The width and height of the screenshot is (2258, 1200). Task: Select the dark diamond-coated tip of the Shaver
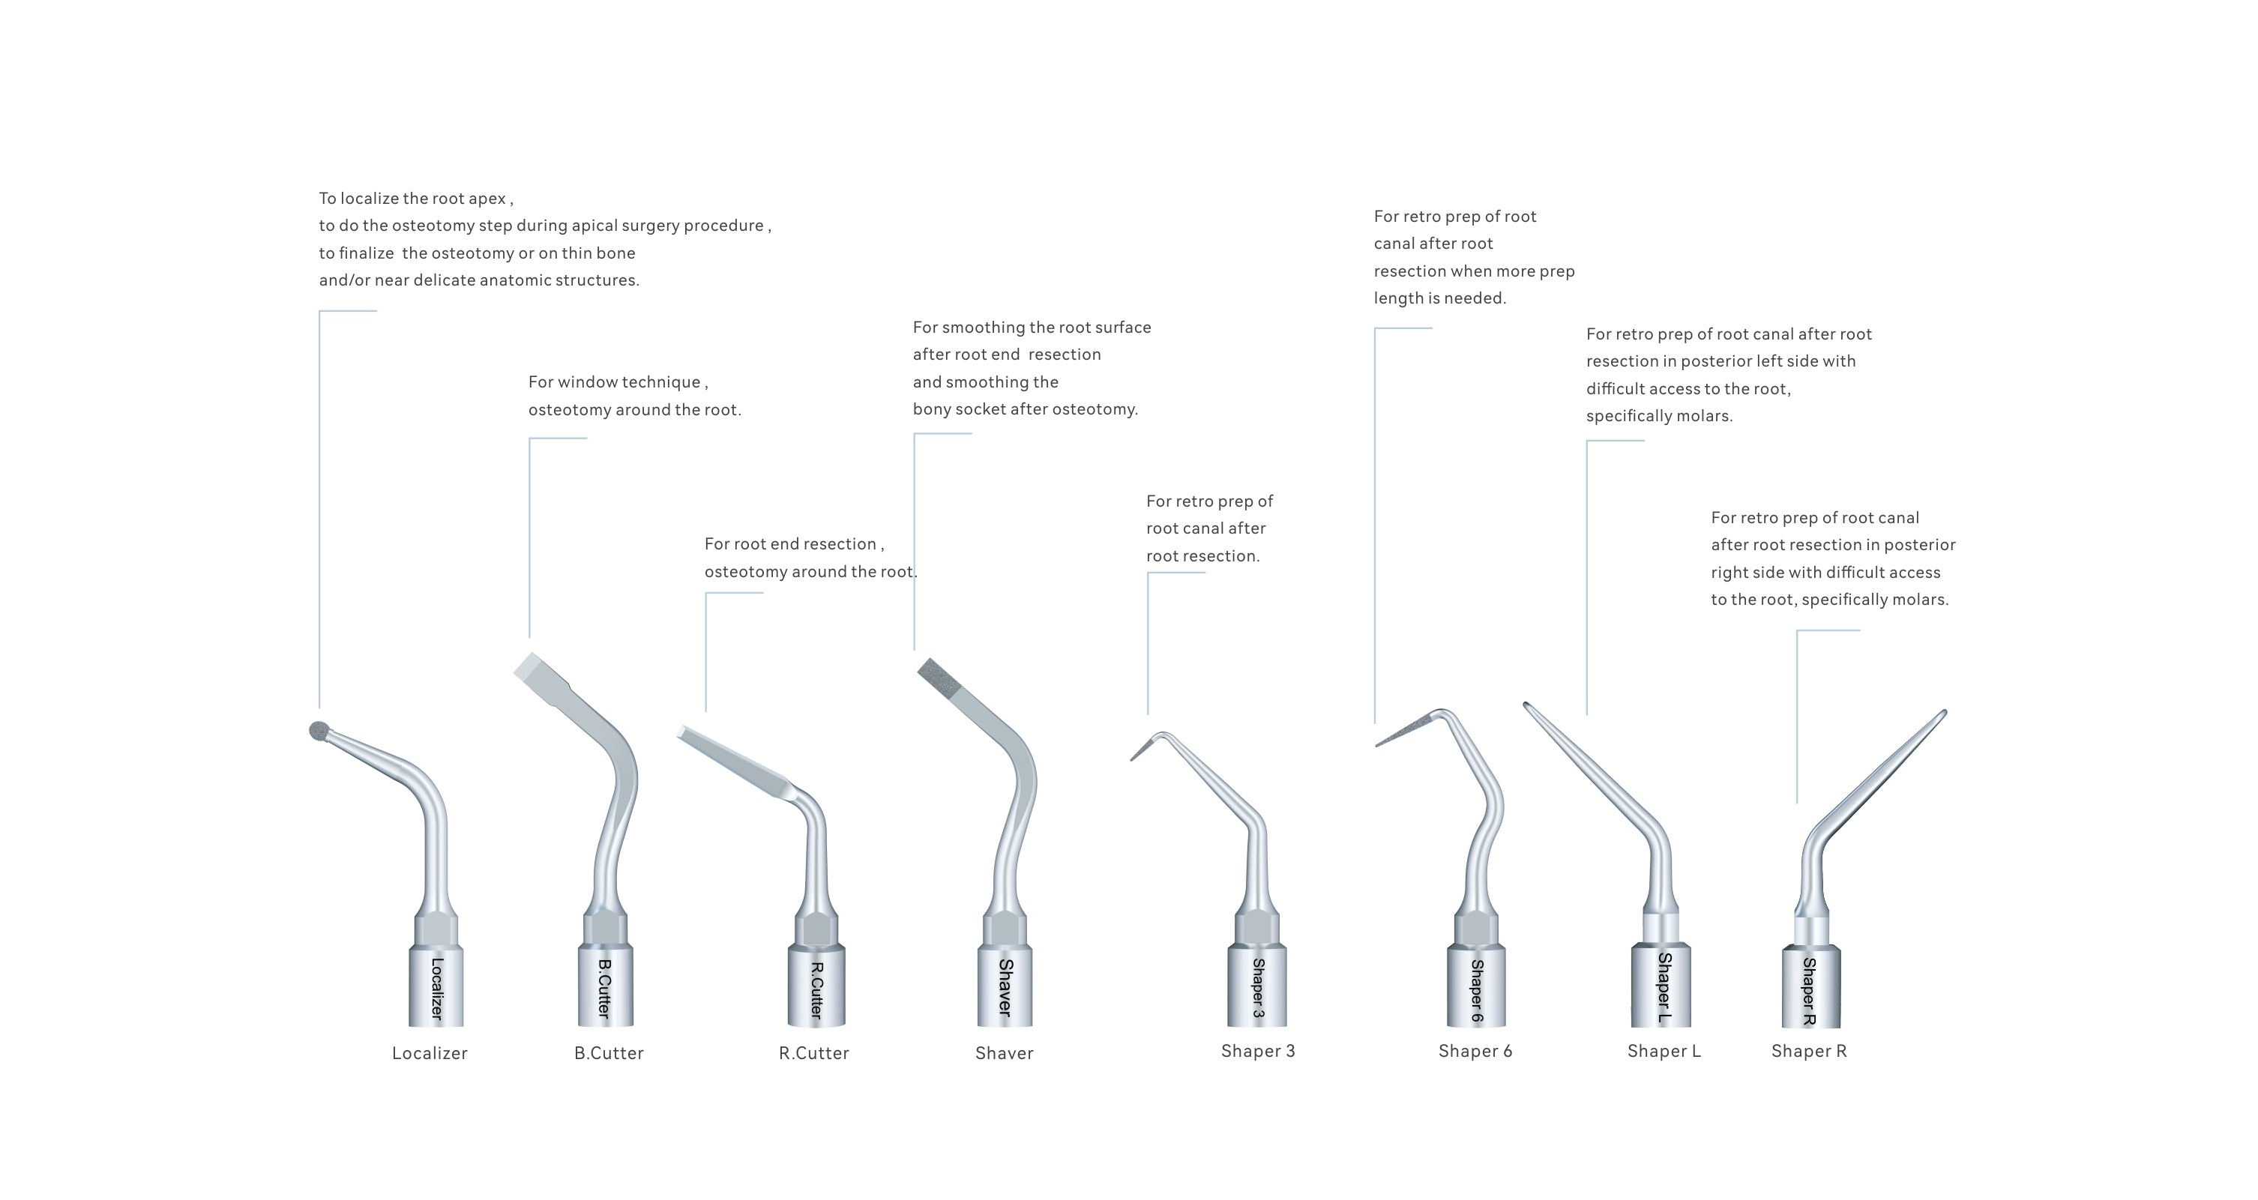pos(933,673)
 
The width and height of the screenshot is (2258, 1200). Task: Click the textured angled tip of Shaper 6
pos(1403,732)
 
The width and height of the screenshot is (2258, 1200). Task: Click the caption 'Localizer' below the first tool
pos(430,1053)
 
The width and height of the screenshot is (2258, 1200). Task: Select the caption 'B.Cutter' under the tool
pos(608,1053)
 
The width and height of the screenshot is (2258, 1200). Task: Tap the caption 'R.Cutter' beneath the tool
pos(813,1053)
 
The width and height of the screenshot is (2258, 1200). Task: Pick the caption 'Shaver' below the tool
pos(1004,1053)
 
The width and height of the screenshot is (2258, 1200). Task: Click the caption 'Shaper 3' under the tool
pos(1257,1050)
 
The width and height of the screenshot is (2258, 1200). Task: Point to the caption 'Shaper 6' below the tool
pos(1475,1050)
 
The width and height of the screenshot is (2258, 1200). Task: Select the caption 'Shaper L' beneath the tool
pos(1664,1050)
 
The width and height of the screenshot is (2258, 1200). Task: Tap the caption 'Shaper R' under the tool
pos(1808,1050)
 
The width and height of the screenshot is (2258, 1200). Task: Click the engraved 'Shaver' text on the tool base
pos(1005,988)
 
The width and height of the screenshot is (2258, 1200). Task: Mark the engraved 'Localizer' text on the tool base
pos(436,988)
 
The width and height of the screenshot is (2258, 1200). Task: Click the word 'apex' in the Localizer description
pos(487,199)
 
